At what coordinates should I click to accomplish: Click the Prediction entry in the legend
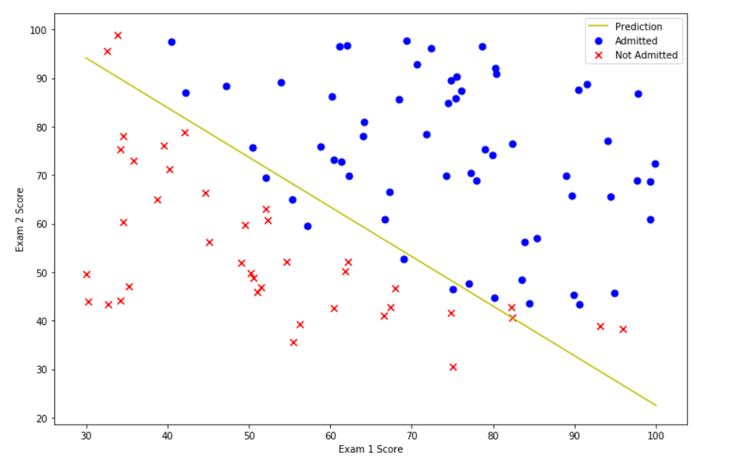[638, 26]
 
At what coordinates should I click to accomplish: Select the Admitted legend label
[636, 41]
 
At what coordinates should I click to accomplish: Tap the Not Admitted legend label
[646, 55]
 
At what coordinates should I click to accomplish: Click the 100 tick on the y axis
[38, 30]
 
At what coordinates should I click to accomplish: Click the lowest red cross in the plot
[453, 367]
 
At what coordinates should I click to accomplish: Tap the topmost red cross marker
[118, 36]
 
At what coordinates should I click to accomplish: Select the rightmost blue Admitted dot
[655, 164]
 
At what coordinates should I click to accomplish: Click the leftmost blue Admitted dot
[171, 42]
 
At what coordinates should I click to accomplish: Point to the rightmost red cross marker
[623, 329]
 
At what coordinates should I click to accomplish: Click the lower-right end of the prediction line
[656, 406]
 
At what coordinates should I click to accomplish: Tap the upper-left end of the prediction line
[86, 57]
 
